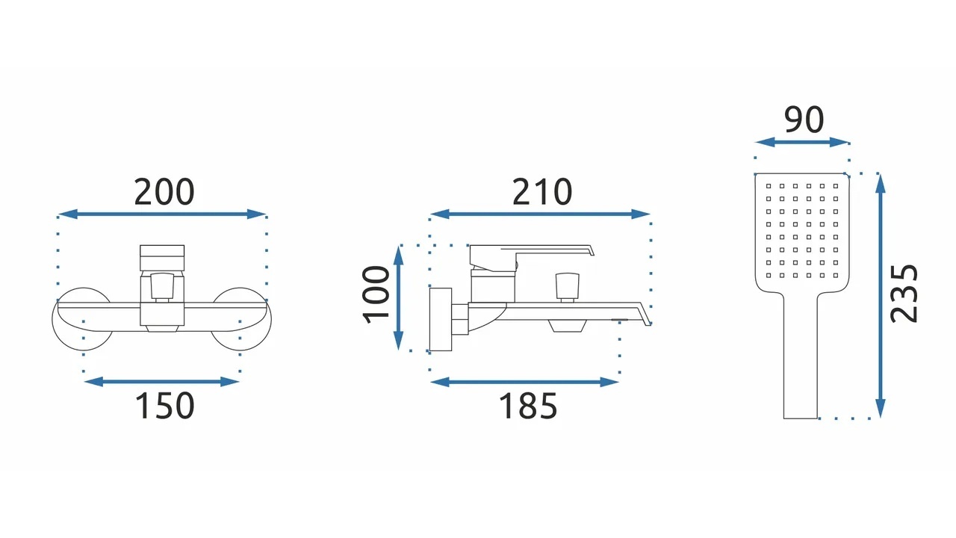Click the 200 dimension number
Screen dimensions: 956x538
[x=164, y=192]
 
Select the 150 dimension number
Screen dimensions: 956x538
[x=164, y=406]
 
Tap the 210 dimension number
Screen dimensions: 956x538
[x=542, y=192]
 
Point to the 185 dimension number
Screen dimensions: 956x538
[x=528, y=406]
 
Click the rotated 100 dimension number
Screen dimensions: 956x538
[x=376, y=294]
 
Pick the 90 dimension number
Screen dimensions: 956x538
[x=804, y=120]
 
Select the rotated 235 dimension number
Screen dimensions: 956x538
[x=904, y=294]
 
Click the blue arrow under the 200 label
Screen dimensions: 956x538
[x=162, y=214]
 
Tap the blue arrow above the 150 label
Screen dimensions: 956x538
[x=161, y=382]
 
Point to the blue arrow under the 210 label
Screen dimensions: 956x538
[x=540, y=214]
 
